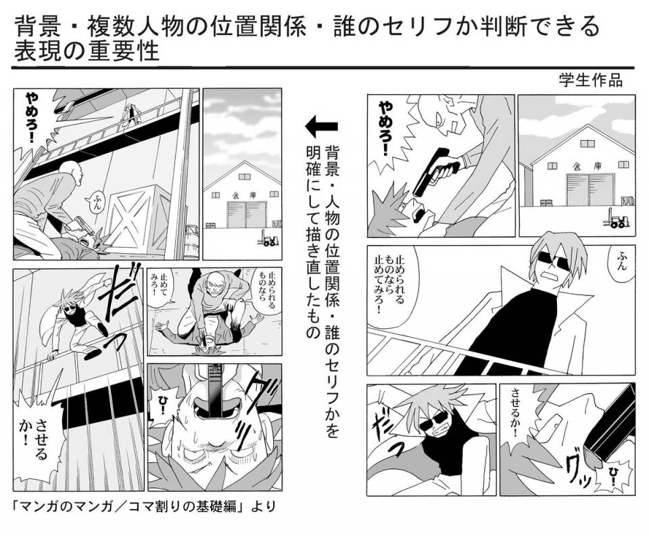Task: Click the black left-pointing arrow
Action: pyautogui.click(x=321, y=127)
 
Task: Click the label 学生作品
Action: pyautogui.click(x=591, y=80)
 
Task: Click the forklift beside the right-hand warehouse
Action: pyautogui.click(x=617, y=219)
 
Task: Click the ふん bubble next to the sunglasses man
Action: pyautogui.click(x=621, y=262)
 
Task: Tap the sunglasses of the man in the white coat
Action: pyautogui.click(x=554, y=262)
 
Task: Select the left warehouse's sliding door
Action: pyautogui.click(x=245, y=215)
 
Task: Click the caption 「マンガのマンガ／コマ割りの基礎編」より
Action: pyautogui.click(x=143, y=506)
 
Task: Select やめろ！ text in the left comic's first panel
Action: pyautogui.click(x=34, y=117)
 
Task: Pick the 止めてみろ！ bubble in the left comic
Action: pyautogui.click(x=161, y=287)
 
